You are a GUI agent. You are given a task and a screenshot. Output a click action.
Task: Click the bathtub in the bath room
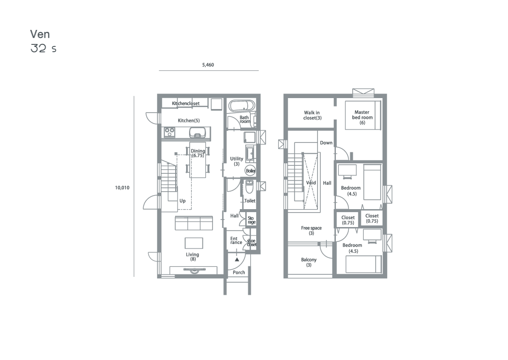point(242,106)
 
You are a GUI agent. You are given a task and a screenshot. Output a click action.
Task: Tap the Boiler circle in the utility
point(250,171)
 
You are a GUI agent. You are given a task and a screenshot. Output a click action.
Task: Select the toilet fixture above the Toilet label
point(249,187)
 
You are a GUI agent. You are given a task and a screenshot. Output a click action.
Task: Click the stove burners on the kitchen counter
point(170,132)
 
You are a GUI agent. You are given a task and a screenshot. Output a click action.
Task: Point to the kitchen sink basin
point(198,132)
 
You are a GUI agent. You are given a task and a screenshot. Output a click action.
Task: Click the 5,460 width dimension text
point(208,65)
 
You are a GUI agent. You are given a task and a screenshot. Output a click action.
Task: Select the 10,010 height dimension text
point(122,187)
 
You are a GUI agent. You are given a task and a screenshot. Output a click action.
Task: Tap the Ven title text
point(40,34)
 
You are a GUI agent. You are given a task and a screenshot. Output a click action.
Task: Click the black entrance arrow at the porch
point(237,259)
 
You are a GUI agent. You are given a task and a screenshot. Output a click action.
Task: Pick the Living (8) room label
point(193,256)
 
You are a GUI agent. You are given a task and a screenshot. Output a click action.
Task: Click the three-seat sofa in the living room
point(194,223)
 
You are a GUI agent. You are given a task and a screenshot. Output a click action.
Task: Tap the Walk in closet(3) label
point(312,115)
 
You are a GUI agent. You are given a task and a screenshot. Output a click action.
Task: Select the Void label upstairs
point(310,183)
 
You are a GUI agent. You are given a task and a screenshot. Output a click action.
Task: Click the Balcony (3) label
point(309,262)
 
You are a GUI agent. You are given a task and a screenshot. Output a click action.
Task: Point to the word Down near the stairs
point(326,143)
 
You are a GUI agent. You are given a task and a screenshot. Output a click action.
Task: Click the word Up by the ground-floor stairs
point(183,201)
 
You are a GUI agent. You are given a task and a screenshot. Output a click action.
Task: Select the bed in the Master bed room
point(363,115)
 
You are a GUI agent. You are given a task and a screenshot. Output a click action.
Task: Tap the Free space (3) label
point(311,230)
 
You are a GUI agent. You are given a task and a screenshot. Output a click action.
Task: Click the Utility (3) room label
point(236,161)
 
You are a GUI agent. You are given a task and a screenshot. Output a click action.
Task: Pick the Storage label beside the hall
point(251,220)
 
